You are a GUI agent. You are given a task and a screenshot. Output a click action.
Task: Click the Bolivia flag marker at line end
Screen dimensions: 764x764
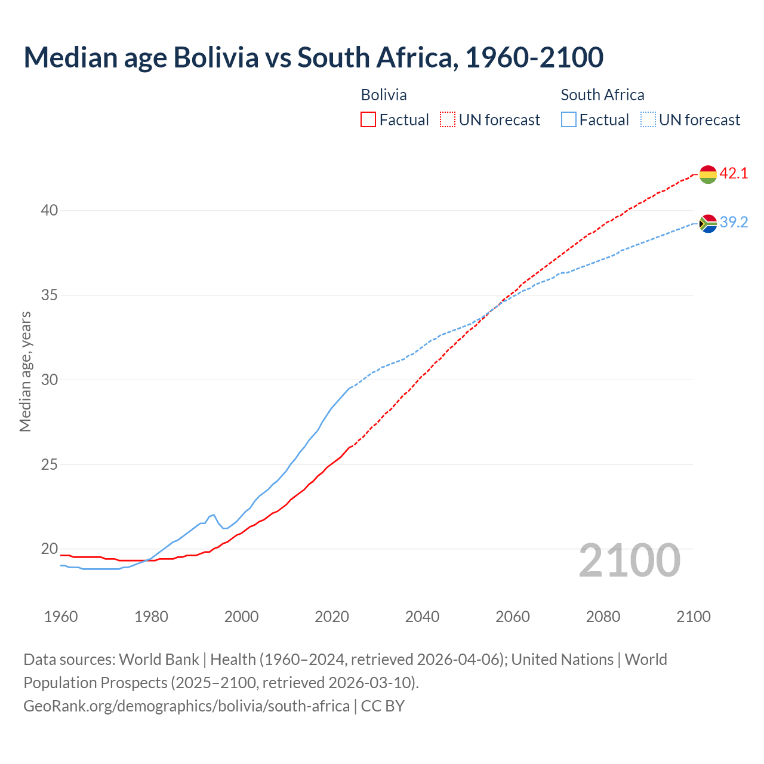tap(708, 174)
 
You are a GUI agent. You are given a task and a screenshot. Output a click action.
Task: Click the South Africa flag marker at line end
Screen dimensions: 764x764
tap(708, 223)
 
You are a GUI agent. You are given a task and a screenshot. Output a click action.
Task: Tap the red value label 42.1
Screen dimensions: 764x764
tap(734, 174)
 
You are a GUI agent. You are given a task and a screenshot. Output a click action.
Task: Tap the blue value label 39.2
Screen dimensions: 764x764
tap(734, 223)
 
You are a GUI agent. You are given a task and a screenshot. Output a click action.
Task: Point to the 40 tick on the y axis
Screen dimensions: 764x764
tap(50, 210)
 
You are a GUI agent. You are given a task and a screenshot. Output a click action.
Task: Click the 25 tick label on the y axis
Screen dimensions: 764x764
tap(50, 464)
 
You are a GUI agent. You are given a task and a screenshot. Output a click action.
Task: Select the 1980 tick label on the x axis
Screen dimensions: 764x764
tap(151, 617)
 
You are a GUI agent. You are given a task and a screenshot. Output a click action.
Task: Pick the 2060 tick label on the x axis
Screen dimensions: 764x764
tap(513, 617)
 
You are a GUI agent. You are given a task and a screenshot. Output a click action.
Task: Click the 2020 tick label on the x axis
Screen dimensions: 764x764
tap(332, 617)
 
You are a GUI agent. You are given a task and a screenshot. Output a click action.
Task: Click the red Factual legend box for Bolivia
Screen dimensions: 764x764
tap(368, 120)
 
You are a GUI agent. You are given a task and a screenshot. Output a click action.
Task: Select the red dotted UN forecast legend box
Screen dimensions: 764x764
tap(448, 120)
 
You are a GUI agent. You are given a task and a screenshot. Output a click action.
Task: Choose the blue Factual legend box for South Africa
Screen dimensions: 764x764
tap(569, 120)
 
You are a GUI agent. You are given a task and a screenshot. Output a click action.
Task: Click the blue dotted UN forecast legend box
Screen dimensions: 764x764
tap(648, 120)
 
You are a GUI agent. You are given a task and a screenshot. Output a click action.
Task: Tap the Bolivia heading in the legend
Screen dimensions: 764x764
tap(384, 95)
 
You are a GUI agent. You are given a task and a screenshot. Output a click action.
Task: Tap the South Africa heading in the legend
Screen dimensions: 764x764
tap(602, 95)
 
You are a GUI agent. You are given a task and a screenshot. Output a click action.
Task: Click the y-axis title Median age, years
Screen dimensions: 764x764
tap(25, 371)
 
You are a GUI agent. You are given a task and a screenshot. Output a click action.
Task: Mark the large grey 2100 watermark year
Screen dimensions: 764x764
tap(629, 560)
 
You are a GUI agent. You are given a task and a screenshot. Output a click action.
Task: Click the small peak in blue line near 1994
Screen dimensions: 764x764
tap(214, 515)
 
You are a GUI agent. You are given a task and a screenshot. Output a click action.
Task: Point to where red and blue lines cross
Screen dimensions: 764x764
tap(495, 307)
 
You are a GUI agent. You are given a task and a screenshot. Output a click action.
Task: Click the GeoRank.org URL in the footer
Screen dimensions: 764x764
tap(186, 706)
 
